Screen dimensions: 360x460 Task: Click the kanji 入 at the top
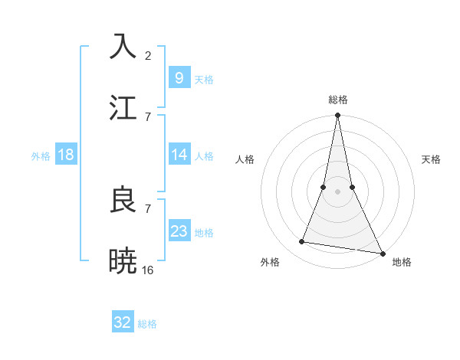[x=123, y=47]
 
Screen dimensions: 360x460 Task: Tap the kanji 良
[x=123, y=199]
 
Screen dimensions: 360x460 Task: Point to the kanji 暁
[x=123, y=260]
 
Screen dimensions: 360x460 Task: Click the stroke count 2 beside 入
[x=147, y=55]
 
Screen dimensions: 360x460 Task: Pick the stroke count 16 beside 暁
[x=148, y=270]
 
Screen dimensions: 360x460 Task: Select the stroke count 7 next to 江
[x=147, y=116]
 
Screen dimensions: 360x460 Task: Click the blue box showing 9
[x=179, y=77]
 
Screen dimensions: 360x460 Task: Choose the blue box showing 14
[x=179, y=155]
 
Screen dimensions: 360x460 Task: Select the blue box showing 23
[x=179, y=231]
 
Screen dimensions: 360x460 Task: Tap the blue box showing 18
[x=65, y=155]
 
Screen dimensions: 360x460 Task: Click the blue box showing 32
[x=123, y=322]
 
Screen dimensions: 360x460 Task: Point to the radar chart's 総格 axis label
[x=338, y=100]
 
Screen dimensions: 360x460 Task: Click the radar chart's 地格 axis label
[x=402, y=262]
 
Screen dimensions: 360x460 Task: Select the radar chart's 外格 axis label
[x=270, y=262]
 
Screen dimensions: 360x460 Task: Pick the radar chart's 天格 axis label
[x=432, y=159]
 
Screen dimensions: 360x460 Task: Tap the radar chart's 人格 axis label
[x=245, y=159]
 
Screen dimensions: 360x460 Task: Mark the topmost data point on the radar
[x=337, y=116]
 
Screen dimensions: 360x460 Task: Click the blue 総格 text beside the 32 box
[x=147, y=324]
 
